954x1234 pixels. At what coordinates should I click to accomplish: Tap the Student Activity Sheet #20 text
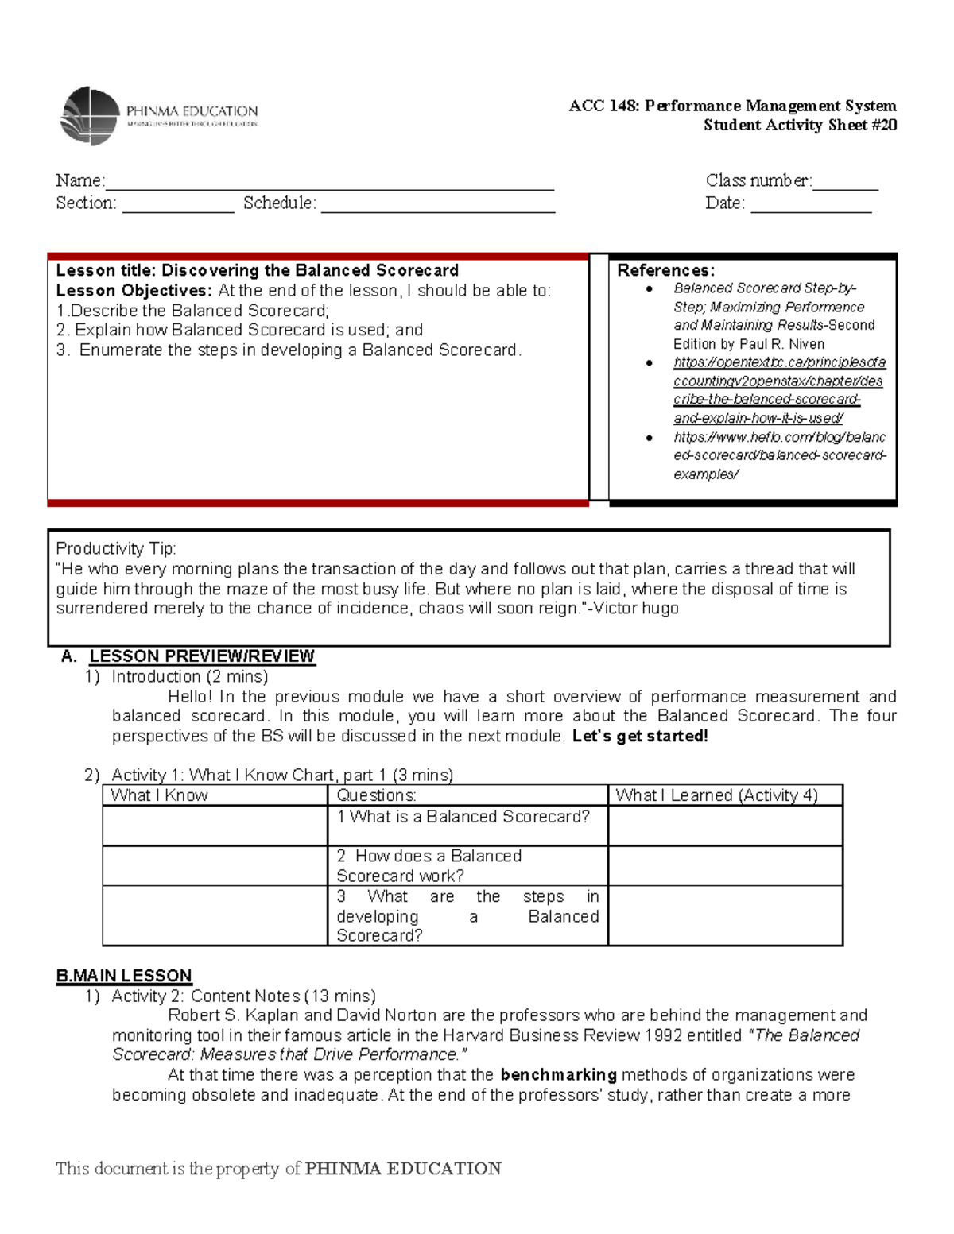(800, 125)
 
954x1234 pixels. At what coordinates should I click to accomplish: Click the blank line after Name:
(329, 182)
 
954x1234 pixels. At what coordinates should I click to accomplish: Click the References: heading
(665, 270)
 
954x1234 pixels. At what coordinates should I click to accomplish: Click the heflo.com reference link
(779, 455)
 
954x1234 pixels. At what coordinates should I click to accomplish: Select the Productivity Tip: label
(116, 548)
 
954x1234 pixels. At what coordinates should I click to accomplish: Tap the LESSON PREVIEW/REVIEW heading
(202, 656)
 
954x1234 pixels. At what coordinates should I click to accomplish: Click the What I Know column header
(159, 795)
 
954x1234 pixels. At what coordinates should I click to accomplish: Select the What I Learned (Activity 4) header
(716, 795)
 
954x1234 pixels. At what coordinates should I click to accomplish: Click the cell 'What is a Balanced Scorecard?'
(463, 817)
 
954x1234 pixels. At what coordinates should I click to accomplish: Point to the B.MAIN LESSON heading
(124, 976)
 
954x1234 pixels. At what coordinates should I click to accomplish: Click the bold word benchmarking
(558, 1075)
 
